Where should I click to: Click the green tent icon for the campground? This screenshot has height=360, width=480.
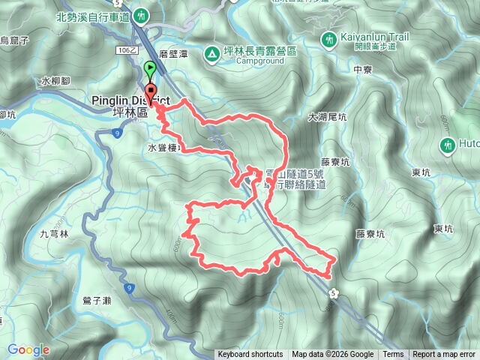pyautogui.click(x=212, y=52)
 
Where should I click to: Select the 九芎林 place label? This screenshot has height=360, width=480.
pyautogui.click(x=54, y=235)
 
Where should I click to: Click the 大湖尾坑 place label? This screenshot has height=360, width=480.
pyautogui.click(x=327, y=117)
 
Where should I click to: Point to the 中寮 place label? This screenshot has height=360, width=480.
pyautogui.click(x=361, y=69)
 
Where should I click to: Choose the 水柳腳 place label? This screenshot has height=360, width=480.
pyautogui.click(x=55, y=80)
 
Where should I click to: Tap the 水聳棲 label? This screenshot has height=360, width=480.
pyautogui.click(x=163, y=148)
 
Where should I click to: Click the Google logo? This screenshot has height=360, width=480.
pyautogui.click(x=28, y=349)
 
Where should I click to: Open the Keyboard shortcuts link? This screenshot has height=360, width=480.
pyautogui.click(x=250, y=355)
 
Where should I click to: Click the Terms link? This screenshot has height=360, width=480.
pyautogui.click(x=393, y=355)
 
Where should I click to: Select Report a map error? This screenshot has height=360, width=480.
pyautogui.click(x=445, y=355)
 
